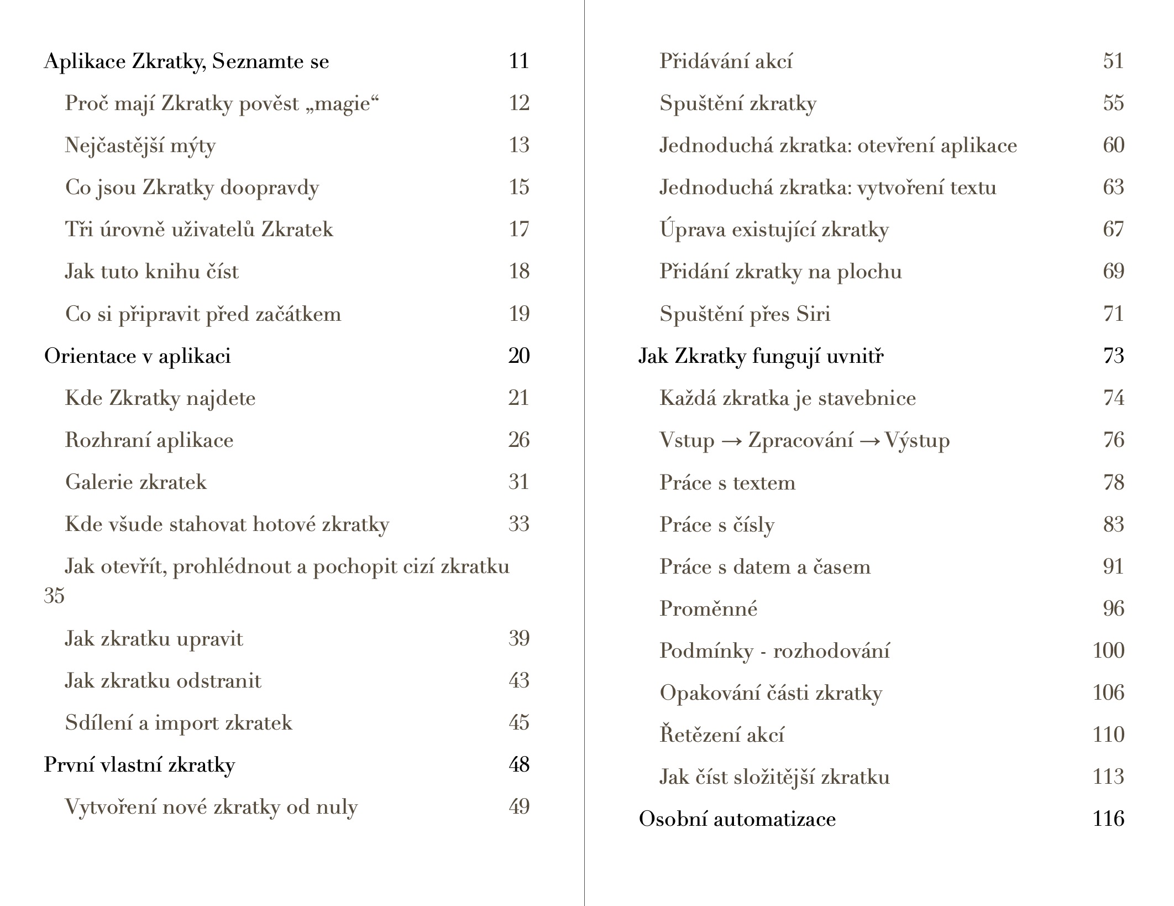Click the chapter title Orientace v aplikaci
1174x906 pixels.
coord(137,356)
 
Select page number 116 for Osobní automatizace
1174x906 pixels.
coord(1108,819)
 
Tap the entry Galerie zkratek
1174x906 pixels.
coord(136,482)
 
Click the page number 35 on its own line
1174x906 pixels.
coord(54,596)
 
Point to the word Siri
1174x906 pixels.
coord(813,314)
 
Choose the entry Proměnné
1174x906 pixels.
coord(708,609)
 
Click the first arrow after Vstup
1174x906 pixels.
coord(731,441)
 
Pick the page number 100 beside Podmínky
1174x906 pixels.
coord(1108,650)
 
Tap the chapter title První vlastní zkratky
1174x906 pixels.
coord(139,765)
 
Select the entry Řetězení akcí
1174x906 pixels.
coord(722,735)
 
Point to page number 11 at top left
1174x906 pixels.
coord(518,61)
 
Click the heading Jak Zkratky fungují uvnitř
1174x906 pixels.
coord(761,356)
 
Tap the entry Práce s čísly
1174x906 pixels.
coord(717,525)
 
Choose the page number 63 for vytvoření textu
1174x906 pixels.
coord(1113,188)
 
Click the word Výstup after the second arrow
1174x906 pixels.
coord(918,441)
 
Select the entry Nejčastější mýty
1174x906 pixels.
coord(140,145)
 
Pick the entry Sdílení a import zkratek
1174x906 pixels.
coord(179,723)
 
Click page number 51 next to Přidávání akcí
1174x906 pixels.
coord(1113,61)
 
